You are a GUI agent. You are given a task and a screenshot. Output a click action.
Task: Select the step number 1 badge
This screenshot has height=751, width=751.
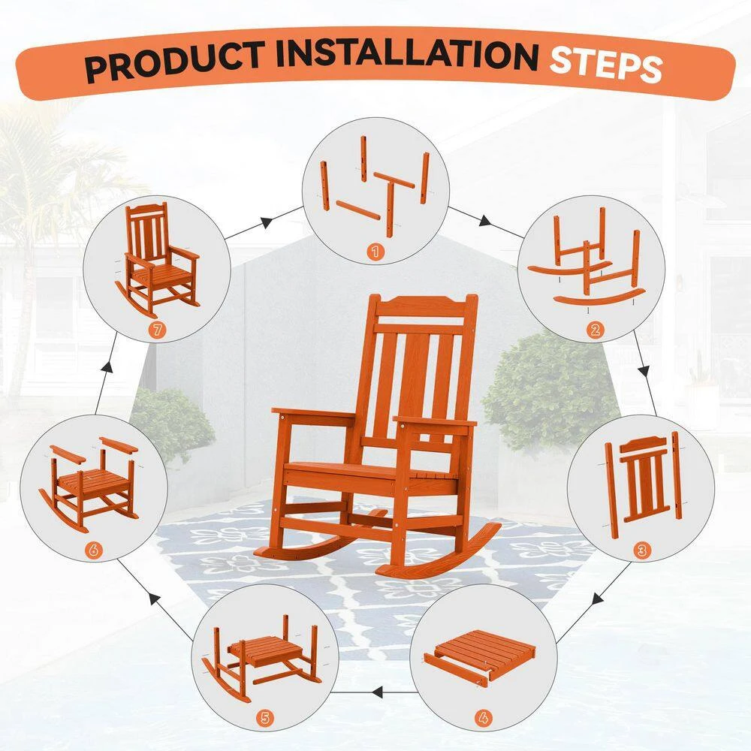[375, 251]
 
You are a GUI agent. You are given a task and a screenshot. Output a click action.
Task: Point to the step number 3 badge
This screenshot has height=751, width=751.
[641, 550]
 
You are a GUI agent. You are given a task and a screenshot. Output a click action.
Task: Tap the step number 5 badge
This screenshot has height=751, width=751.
[264, 718]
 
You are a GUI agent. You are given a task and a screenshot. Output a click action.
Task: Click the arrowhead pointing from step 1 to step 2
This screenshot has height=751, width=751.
[485, 221]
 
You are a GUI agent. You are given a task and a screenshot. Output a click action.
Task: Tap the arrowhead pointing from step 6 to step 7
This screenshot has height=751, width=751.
[107, 369]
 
